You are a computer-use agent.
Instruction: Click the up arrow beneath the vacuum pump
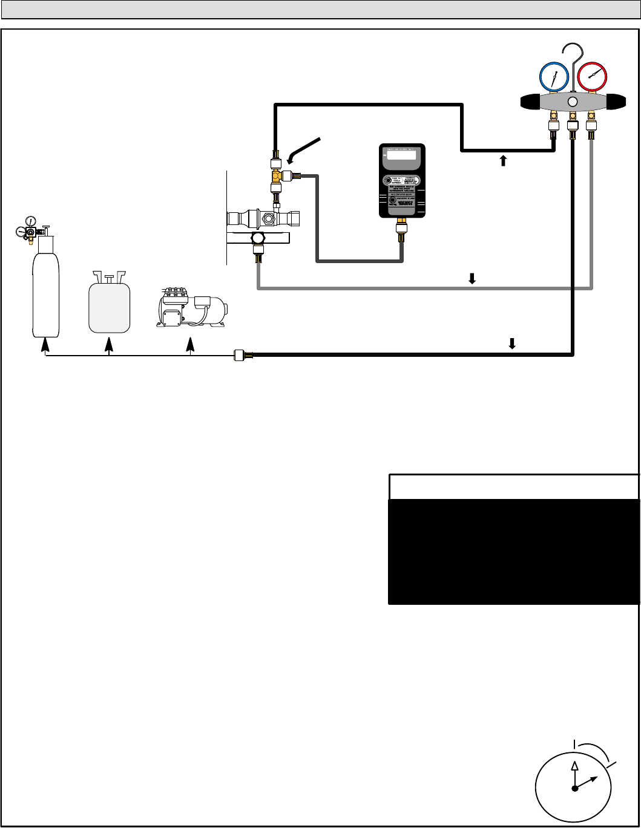[191, 346]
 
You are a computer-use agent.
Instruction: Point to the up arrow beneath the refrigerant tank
[109, 346]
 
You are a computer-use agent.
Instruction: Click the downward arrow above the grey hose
[473, 278]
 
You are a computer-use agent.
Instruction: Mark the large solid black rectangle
[514, 551]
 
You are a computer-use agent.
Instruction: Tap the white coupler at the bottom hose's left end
[238, 356]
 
